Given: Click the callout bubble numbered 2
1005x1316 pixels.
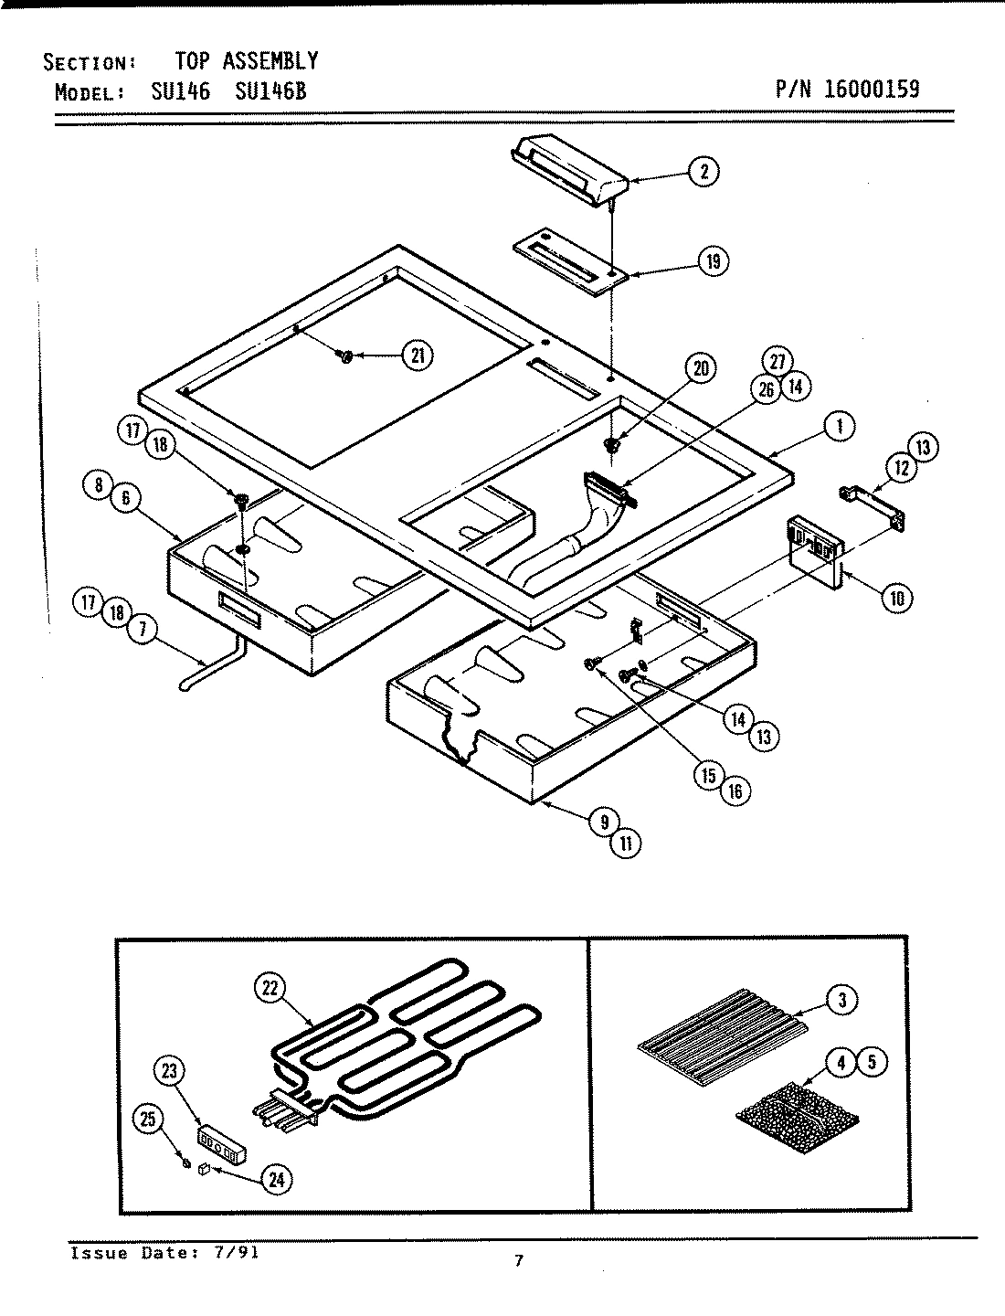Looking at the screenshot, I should pyautogui.click(x=703, y=171).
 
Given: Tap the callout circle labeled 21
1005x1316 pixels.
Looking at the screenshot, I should pyautogui.click(x=418, y=356).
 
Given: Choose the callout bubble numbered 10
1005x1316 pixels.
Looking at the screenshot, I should pyautogui.click(x=897, y=598).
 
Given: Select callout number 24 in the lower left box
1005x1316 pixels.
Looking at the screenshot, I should pyautogui.click(x=275, y=1180).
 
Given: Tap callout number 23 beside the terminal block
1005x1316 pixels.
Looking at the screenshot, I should pyautogui.click(x=170, y=1070).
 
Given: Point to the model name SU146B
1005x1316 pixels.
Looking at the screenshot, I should pyautogui.click(x=270, y=91).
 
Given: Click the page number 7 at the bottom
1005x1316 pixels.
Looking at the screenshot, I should pyautogui.click(x=518, y=1261).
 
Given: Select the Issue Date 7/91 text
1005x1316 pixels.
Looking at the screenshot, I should pyautogui.click(x=164, y=1253).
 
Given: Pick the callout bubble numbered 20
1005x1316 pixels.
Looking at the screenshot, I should pyautogui.click(x=701, y=368).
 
